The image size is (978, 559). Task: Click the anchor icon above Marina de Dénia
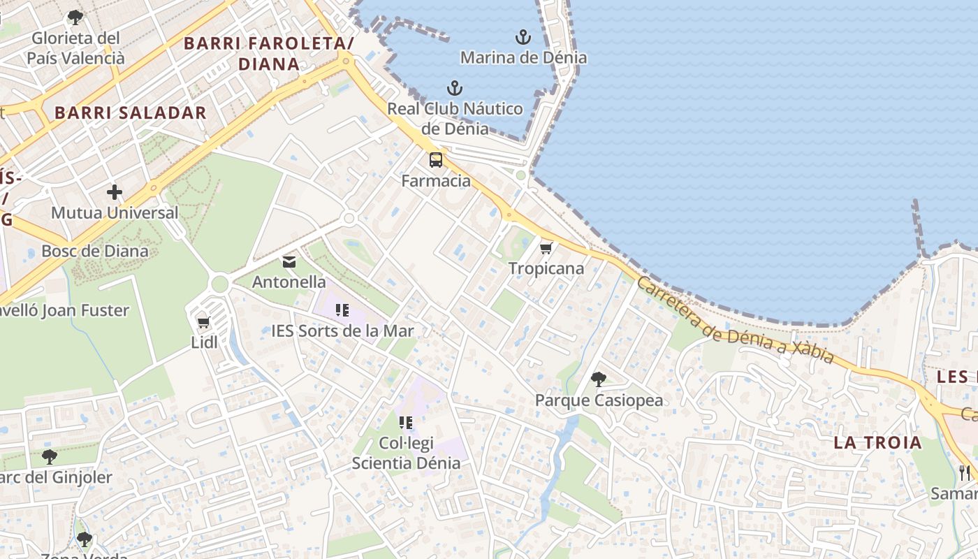click(x=523, y=37)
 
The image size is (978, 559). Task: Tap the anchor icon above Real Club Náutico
click(x=455, y=89)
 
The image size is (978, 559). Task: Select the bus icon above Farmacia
click(x=436, y=160)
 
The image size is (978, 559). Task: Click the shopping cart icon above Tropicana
click(x=546, y=248)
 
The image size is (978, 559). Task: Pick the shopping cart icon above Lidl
click(x=204, y=322)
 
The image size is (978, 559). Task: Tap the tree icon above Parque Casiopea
click(x=599, y=379)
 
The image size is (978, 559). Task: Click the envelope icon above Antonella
click(x=289, y=262)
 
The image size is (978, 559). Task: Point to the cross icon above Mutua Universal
click(x=115, y=192)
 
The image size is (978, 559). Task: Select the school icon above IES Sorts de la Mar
click(x=342, y=310)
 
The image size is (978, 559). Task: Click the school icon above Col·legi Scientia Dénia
click(x=406, y=422)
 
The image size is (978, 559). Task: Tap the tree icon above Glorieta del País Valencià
click(x=75, y=17)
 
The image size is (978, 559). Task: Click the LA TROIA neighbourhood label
click(x=877, y=442)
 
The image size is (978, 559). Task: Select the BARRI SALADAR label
click(x=131, y=112)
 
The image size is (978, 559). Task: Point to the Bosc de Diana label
click(x=95, y=251)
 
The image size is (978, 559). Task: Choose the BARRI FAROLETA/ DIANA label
click(x=269, y=54)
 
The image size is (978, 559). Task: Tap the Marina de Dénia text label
click(x=523, y=57)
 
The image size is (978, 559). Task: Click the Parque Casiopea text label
click(x=599, y=400)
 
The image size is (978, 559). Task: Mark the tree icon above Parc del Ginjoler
click(x=49, y=457)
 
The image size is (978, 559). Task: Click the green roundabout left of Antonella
click(x=219, y=284)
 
